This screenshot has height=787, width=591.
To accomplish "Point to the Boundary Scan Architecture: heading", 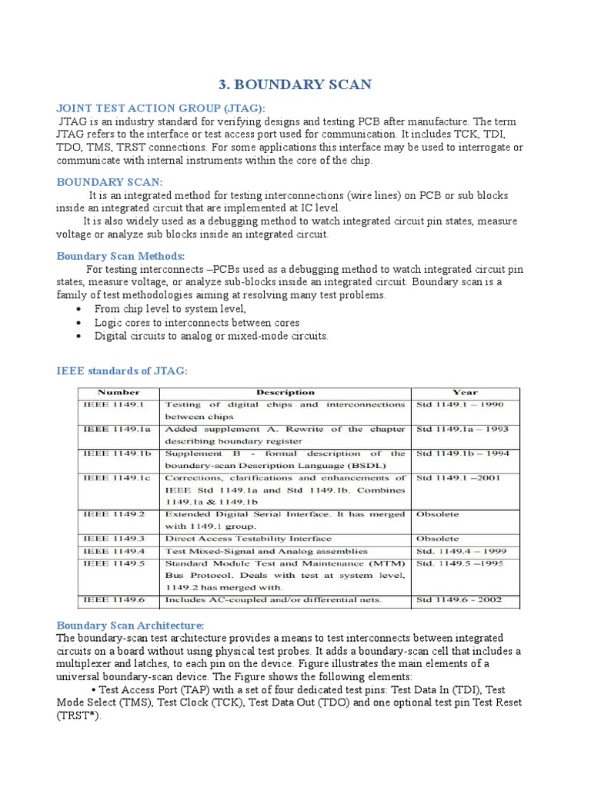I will [x=131, y=626].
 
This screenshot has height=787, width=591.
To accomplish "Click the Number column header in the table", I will [x=119, y=392].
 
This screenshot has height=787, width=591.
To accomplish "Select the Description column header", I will [x=285, y=392].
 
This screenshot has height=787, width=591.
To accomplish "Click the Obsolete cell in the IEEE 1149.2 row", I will [x=437, y=514].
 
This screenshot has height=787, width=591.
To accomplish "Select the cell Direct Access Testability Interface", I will [x=249, y=539].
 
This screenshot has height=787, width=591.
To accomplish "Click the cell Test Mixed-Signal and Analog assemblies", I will [x=255, y=551].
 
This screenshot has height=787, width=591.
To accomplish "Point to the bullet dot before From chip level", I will [x=80, y=309].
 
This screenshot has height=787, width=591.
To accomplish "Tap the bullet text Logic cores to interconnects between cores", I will [x=197, y=323].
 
